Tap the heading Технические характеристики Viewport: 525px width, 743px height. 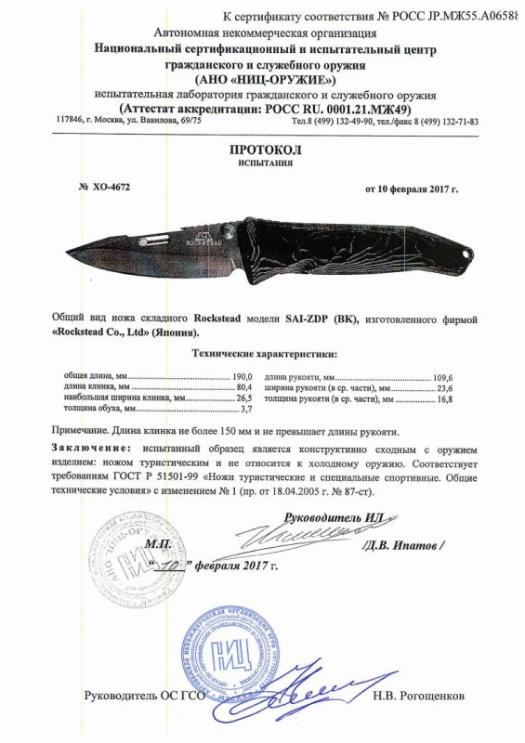(x=264, y=354)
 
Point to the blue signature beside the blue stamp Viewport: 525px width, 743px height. (x=302, y=687)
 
